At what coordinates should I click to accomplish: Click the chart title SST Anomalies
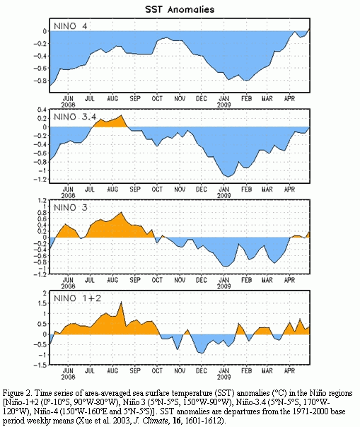pos(180,9)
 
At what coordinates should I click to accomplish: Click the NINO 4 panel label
pos(71,26)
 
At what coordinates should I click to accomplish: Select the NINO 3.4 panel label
pos(75,117)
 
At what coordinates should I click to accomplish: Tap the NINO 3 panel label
pos(71,208)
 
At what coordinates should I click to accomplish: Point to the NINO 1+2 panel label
pos(77,298)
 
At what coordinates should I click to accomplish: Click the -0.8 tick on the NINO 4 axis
pos(40,81)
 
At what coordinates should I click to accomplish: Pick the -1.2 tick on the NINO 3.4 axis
pos(40,179)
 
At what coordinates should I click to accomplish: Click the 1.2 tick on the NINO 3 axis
pos(43,201)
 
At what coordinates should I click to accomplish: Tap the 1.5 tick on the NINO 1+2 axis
pos(43,303)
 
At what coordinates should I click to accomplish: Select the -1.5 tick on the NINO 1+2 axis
pos(40,365)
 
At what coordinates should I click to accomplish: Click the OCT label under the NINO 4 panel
pos(157,98)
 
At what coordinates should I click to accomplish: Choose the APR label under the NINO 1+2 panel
pos(289,370)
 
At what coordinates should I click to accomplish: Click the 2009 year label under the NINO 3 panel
pos(224,286)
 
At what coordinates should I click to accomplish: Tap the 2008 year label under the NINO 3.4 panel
pos(68,196)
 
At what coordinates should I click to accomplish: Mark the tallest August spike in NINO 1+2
pos(121,302)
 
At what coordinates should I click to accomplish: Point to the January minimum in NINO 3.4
pos(228,177)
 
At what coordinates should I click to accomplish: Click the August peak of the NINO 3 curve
pos(121,212)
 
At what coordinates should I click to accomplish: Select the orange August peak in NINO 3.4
pos(122,115)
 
